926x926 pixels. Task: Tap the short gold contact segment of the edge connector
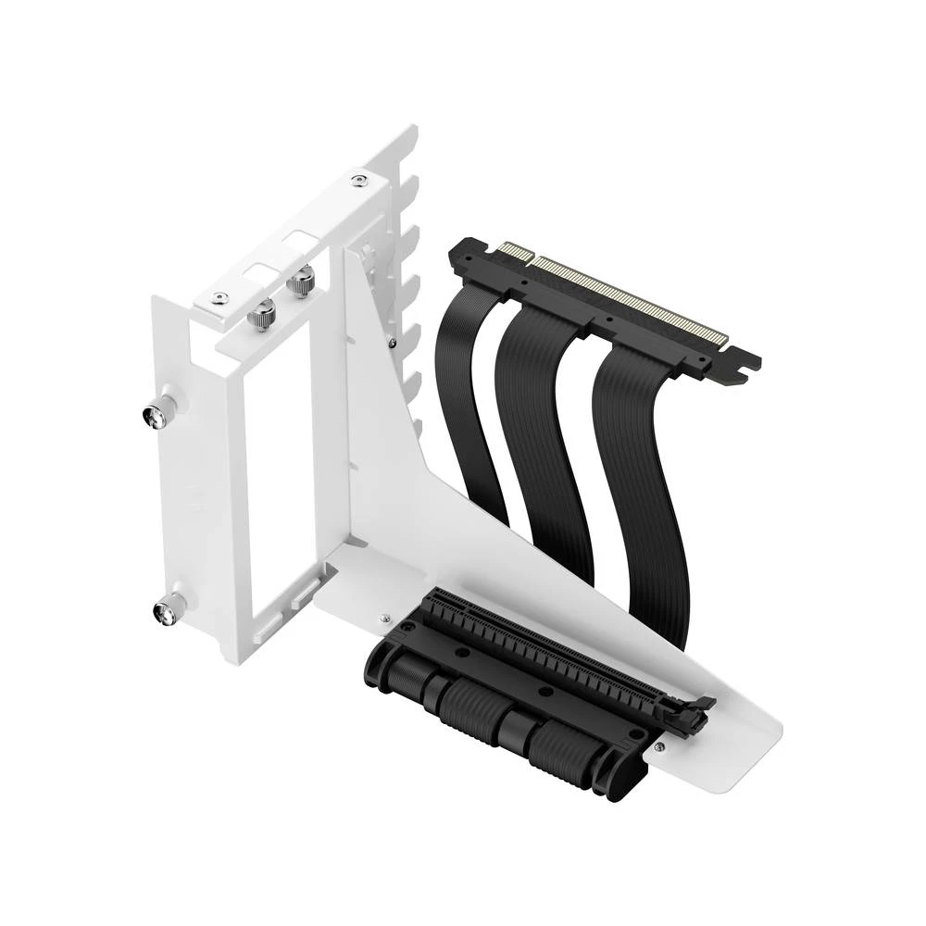tap(511, 250)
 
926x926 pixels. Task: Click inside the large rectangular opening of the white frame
tap(278, 463)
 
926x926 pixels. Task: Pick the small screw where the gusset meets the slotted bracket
tap(394, 345)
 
